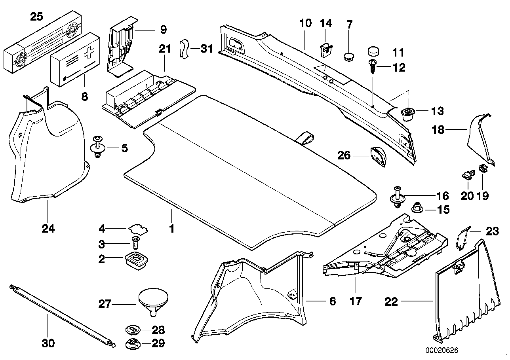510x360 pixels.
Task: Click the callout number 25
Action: coord(36,17)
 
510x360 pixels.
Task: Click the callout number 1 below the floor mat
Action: coord(171,229)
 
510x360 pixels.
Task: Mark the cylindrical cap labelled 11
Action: coord(374,51)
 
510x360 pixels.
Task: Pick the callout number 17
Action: coord(356,301)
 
